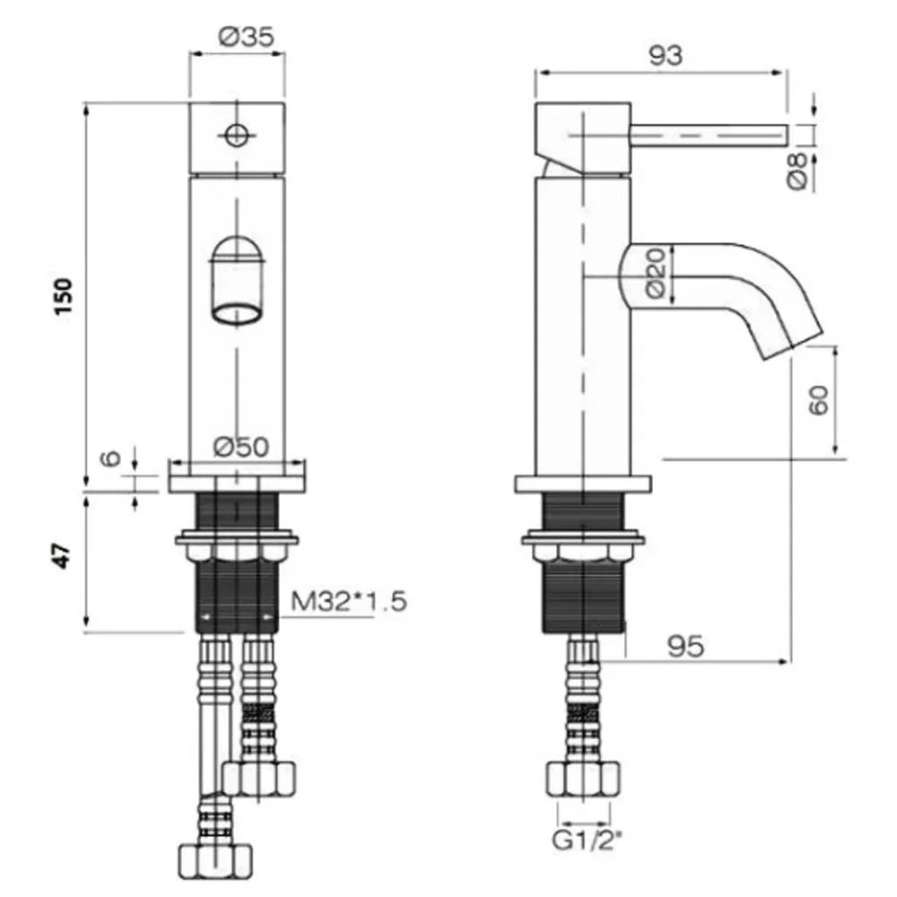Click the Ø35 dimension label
[246, 37]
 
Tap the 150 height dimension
[64, 296]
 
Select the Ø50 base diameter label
[240, 447]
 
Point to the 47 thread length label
[63, 555]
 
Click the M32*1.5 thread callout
[349, 601]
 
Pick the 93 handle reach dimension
[666, 56]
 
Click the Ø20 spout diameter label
[657, 273]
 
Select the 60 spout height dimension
[819, 400]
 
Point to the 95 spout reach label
[686, 647]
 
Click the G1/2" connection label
[587, 841]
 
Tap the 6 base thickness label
[111, 457]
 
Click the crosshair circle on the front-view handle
[236, 135]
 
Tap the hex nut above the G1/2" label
[584, 779]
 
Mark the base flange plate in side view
[584, 484]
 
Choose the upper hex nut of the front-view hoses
[258, 779]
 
